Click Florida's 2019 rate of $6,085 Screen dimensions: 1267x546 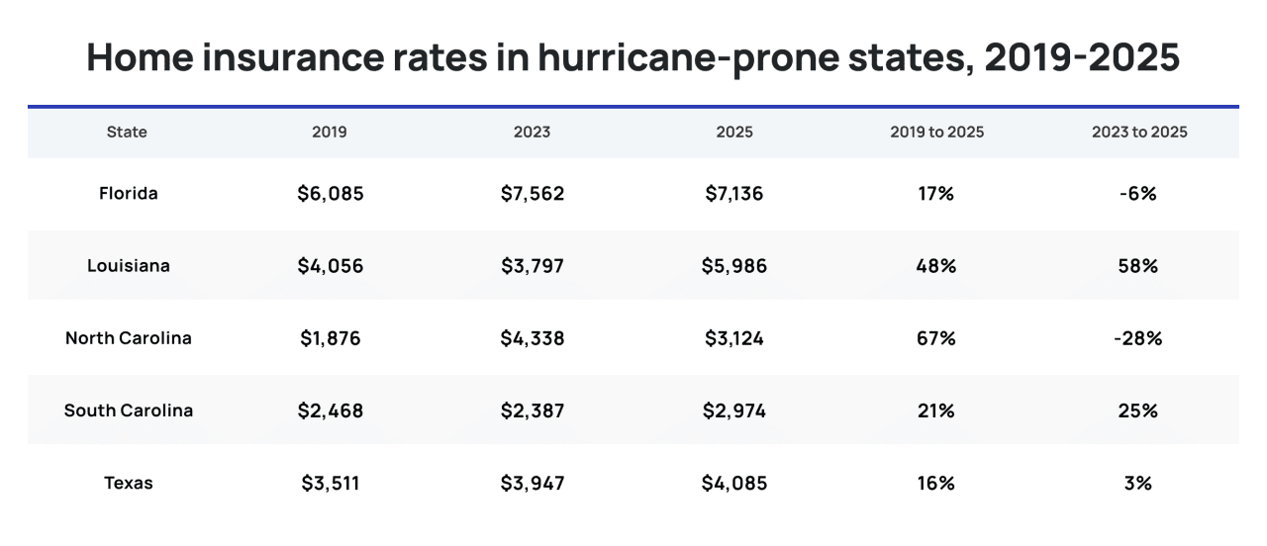pyautogui.click(x=331, y=194)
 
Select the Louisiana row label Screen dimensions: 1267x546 pyautogui.click(x=129, y=266)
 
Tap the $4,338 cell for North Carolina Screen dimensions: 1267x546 pyautogui.click(x=533, y=338)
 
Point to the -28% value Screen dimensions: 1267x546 pyautogui.click(x=1138, y=338)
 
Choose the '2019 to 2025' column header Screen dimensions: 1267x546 pyautogui.click(x=936, y=133)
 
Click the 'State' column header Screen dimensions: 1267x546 pyautogui.click(x=127, y=133)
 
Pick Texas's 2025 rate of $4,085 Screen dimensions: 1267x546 pyautogui.click(x=734, y=484)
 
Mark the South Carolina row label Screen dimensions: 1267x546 pyautogui.click(x=129, y=410)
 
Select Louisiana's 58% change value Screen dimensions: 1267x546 pyautogui.click(x=1138, y=266)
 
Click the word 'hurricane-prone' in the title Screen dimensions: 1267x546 pyautogui.click(x=688, y=57)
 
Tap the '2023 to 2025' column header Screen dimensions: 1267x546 pyautogui.click(x=1139, y=133)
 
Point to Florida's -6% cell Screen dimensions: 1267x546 pyautogui.click(x=1138, y=194)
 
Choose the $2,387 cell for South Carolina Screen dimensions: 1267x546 pyautogui.click(x=533, y=410)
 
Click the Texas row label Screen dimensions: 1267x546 pyautogui.click(x=129, y=484)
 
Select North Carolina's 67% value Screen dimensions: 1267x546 pyautogui.click(x=936, y=338)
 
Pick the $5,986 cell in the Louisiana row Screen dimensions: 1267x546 pyautogui.click(x=734, y=266)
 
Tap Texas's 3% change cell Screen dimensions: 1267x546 pyautogui.click(x=1138, y=484)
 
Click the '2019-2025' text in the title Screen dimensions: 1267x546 pyautogui.click(x=1082, y=57)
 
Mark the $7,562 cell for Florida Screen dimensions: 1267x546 pyautogui.click(x=533, y=194)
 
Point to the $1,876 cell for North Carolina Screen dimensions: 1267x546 pyautogui.click(x=331, y=338)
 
